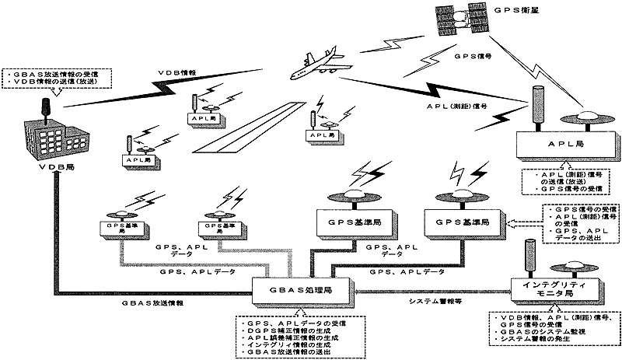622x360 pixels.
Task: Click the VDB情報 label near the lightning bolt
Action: tap(175, 70)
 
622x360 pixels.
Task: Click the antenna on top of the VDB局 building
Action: tap(44, 103)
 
